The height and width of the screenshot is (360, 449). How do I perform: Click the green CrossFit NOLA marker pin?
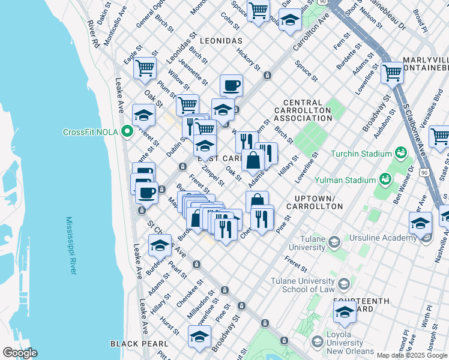pos(127,132)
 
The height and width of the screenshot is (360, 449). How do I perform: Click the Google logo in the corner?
pos(20,353)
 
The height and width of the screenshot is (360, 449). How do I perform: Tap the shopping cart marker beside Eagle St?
pos(145,68)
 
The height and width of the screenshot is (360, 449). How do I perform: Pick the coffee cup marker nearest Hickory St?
pos(231,85)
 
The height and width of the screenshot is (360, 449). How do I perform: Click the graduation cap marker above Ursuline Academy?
pos(420,223)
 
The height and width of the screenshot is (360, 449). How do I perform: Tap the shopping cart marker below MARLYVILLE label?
pos(392,73)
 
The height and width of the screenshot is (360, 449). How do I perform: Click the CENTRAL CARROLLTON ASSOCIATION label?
pos(303,110)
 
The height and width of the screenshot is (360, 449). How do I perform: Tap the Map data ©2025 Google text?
pos(412,355)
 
